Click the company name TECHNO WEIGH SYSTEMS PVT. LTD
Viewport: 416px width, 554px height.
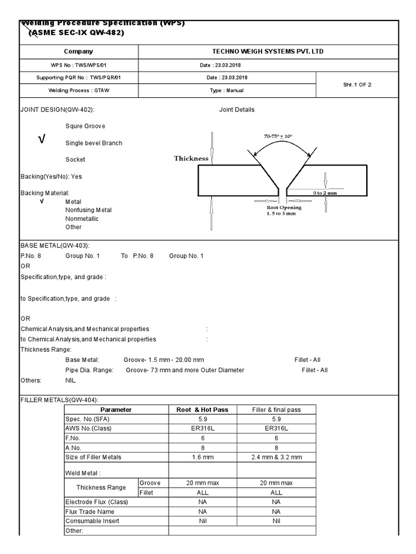pyautogui.click(x=268, y=51)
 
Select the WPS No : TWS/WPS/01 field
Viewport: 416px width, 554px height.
pyautogui.click(x=79, y=65)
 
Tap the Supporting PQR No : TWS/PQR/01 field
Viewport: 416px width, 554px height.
pyautogui.click(x=79, y=77)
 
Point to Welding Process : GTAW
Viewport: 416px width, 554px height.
pyautogui.click(x=79, y=90)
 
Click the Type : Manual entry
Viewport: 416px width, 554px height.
pyautogui.click(x=227, y=90)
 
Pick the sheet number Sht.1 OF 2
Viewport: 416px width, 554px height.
pyautogui.click(x=357, y=84)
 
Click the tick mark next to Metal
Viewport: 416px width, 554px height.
pyautogui.click(x=41, y=201)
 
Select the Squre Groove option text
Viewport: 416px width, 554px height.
pyautogui.click(x=85, y=126)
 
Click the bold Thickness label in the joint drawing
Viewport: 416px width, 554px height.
pyautogui.click(x=191, y=159)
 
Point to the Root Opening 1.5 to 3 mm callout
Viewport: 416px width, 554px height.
pyautogui.click(x=284, y=210)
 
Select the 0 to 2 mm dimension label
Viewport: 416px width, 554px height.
pyautogui.click(x=325, y=193)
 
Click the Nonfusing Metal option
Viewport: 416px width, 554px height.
pyautogui.click(x=89, y=210)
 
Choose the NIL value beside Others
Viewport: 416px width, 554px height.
pyautogui.click(x=71, y=380)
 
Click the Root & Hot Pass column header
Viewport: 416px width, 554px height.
pyautogui.click(x=203, y=410)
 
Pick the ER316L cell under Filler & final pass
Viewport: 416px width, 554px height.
pyautogui.click(x=276, y=428)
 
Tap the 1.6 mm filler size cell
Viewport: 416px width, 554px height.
pyautogui.click(x=203, y=457)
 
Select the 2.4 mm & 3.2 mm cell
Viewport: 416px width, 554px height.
pyautogui.click(x=276, y=457)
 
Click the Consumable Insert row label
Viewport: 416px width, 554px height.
pyautogui.click(x=92, y=521)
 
